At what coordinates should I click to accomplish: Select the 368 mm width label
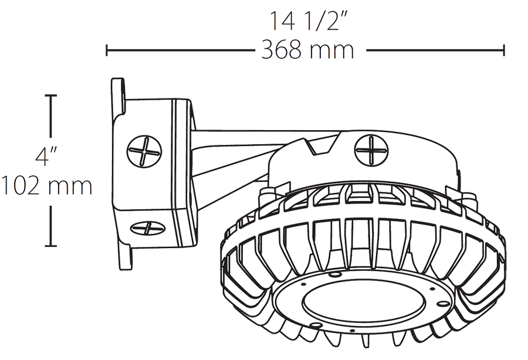pyautogui.click(x=307, y=50)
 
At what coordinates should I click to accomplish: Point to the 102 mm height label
pyautogui.click(x=46, y=186)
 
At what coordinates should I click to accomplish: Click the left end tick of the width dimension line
pyautogui.click(x=106, y=50)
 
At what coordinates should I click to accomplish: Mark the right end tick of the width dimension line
pyautogui.click(x=503, y=50)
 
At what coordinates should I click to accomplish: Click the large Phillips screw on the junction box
pyautogui.click(x=144, y=150)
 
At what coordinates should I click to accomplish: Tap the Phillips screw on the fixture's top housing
pyautogui.click(x=372, y=151)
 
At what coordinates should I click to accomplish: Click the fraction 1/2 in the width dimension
pyautogui.click(x=329, y=21)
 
